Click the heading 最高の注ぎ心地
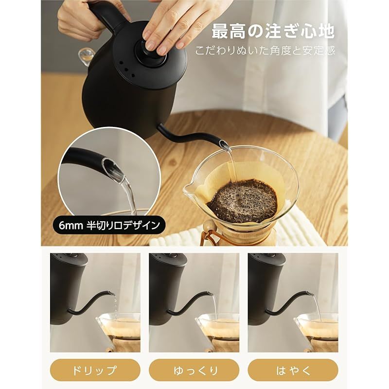coord(273,31)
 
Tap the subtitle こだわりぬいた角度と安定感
coord(265,51)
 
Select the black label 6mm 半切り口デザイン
coord(109,225)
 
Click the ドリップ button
coord(95,370)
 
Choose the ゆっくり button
coord(194,370)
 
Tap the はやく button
coord(293,370)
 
